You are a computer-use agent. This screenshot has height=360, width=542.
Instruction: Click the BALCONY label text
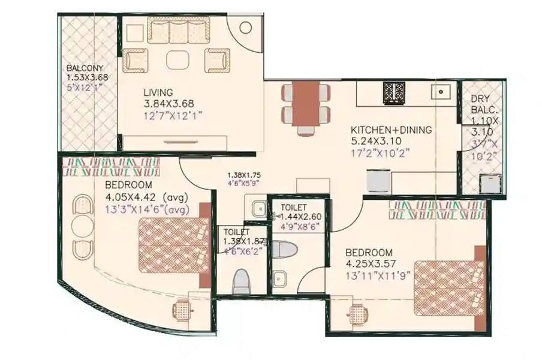84,68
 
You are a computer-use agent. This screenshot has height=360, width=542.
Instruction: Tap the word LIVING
158,92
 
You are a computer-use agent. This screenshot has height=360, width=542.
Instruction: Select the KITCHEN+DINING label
391,130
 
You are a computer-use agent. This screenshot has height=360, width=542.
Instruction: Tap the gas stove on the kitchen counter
395,93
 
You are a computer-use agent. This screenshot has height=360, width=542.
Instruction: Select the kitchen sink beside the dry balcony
443,92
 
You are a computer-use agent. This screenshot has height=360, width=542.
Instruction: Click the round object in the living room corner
246,28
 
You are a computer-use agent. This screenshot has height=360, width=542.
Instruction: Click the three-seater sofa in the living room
177,31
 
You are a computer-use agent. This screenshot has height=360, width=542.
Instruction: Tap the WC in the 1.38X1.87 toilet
241,280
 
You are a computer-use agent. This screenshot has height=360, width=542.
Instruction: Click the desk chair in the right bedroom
358,313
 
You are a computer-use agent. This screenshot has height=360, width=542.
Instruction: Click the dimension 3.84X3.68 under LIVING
164,104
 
